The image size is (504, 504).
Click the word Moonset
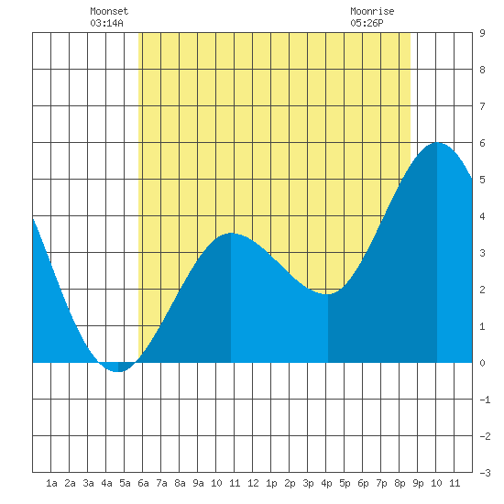[x=109, y=11]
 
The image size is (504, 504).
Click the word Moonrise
[x=372, y=11]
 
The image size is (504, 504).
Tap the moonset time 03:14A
[x=106, y=23]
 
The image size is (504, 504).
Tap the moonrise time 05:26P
[x=367, y=23]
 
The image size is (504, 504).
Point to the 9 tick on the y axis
[x=482, y=33]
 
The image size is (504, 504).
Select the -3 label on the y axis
[x=485, y=473]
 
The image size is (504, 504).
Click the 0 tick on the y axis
[x=482, y=363]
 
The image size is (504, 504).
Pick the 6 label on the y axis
[x=482, y=143]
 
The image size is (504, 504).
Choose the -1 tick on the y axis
[x=485, y=400]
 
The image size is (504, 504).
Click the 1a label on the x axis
[x=51, y=483]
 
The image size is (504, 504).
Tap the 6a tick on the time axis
[x=143, y=483]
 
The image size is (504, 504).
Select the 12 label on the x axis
[x=253, y=483]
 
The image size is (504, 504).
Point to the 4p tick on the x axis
[x=326, y=483]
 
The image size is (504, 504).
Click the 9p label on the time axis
[x=418, y=483]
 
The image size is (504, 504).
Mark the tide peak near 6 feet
[x=437, y=143]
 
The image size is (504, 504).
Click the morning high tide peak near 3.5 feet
[x=231, y=234]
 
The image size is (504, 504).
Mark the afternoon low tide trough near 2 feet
[x=328, y=293]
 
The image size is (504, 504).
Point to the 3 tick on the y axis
[x=482, y=253]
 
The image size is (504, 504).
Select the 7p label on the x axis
[x=381, y=483]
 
